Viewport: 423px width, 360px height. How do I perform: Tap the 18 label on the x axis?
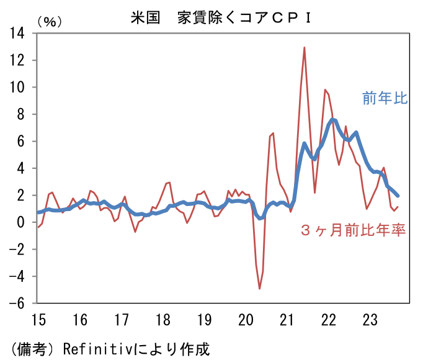pyautogui.click(x=163, y=320)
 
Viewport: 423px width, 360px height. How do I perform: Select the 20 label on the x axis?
pyautogui.click(x=246, y=320)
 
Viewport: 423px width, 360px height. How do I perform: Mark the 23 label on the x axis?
pyautogui.click(x=370, y=320)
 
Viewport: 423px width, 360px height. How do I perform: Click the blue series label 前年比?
pyautogui.click(x=385, y=97)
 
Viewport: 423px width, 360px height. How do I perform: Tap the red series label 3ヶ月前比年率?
pyautogui.click(x=352, y=231)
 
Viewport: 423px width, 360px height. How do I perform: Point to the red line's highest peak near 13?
pyautogui.click(x=305, y=47)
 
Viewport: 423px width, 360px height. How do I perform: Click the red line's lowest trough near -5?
pyautogui.click(x=259, y=289)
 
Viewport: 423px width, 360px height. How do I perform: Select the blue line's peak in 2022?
pyautogui.click(x=333, y=119)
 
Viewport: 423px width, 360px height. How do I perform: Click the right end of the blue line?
pyautogui.click(x=398, y=196)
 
